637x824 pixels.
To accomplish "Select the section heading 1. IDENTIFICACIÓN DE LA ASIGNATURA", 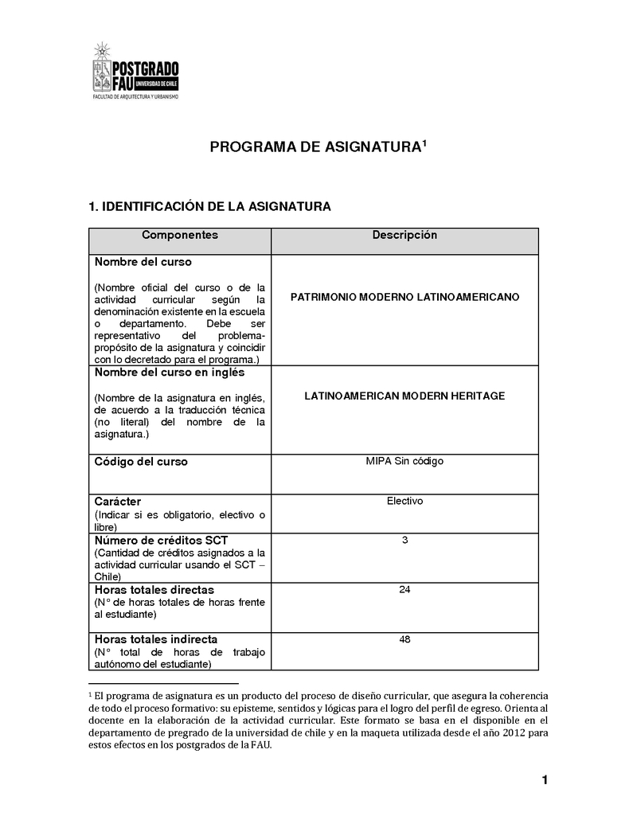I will point(209,207).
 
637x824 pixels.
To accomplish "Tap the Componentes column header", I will point(179,236).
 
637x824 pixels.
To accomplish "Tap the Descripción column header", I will point(404,236).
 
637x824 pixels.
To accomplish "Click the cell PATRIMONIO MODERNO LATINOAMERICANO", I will point(404,297).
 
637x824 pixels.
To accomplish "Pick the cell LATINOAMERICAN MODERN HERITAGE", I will point(404,396).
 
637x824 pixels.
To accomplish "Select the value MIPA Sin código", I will point(404,461).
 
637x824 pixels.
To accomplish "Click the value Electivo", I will point(404,502).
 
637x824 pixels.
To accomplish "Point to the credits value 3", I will point(404,541).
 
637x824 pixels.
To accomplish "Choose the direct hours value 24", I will point(404,590).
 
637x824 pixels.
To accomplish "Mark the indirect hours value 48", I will point(404,639).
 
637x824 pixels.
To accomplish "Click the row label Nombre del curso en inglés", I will point(170,373).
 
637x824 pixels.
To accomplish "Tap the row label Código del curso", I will point(141,462).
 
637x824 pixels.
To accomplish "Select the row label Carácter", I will point(118,502).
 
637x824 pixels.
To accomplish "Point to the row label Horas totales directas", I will point(154,590).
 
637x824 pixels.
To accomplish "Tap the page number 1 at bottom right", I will point(545,780).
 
